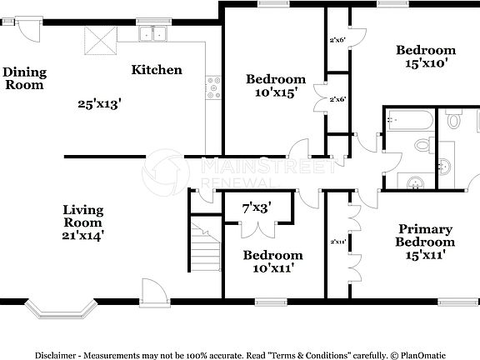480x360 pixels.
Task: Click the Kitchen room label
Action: pos(157,70)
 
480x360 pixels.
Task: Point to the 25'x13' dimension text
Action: pos(100,104)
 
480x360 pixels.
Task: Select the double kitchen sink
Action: pos(153,34)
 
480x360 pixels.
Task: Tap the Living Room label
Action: pos(82,217)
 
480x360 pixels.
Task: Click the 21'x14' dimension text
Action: pos(82,236)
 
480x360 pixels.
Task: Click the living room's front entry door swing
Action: pos(154,292)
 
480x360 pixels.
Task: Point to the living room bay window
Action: pos(55,312)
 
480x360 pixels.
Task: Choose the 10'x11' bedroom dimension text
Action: pos(272,267)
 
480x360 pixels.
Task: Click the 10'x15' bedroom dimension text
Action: pos(275,93)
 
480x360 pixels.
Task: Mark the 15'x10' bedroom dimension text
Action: pos(426,63)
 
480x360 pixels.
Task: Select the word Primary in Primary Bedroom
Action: pos(425,229)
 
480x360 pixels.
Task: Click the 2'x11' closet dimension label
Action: pos(337,242)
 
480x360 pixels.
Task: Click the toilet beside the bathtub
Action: pos(452,122)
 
